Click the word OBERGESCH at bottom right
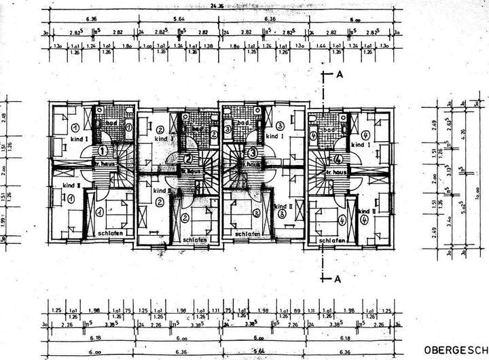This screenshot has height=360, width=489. coord(453,350)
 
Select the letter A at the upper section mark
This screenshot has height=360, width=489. coord(336,73)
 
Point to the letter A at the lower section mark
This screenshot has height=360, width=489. coord(336,278)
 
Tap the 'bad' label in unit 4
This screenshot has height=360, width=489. coord(331,129)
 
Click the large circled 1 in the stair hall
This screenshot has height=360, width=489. coord(103,150)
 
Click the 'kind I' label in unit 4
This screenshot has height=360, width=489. coord(359,145)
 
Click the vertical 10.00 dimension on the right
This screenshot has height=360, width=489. coord(477,197)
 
